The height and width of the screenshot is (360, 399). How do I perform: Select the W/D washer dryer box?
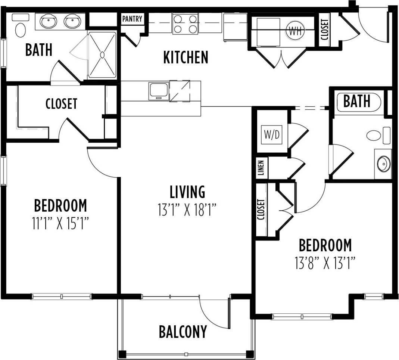(272, 135)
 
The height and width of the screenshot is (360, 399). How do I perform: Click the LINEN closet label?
(261, 168)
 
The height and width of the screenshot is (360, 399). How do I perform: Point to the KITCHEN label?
(186, 58)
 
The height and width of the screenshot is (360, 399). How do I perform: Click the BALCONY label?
(183, 331)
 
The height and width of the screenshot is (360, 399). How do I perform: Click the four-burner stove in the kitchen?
(185, 24)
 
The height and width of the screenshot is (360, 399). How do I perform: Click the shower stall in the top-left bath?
(102, 55)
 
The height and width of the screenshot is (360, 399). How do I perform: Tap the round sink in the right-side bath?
(383, 164)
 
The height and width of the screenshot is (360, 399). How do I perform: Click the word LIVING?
(187, 192)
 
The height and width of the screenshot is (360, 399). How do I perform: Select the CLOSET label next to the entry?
(325, 30)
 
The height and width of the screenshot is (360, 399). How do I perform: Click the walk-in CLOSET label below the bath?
(61, 104)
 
